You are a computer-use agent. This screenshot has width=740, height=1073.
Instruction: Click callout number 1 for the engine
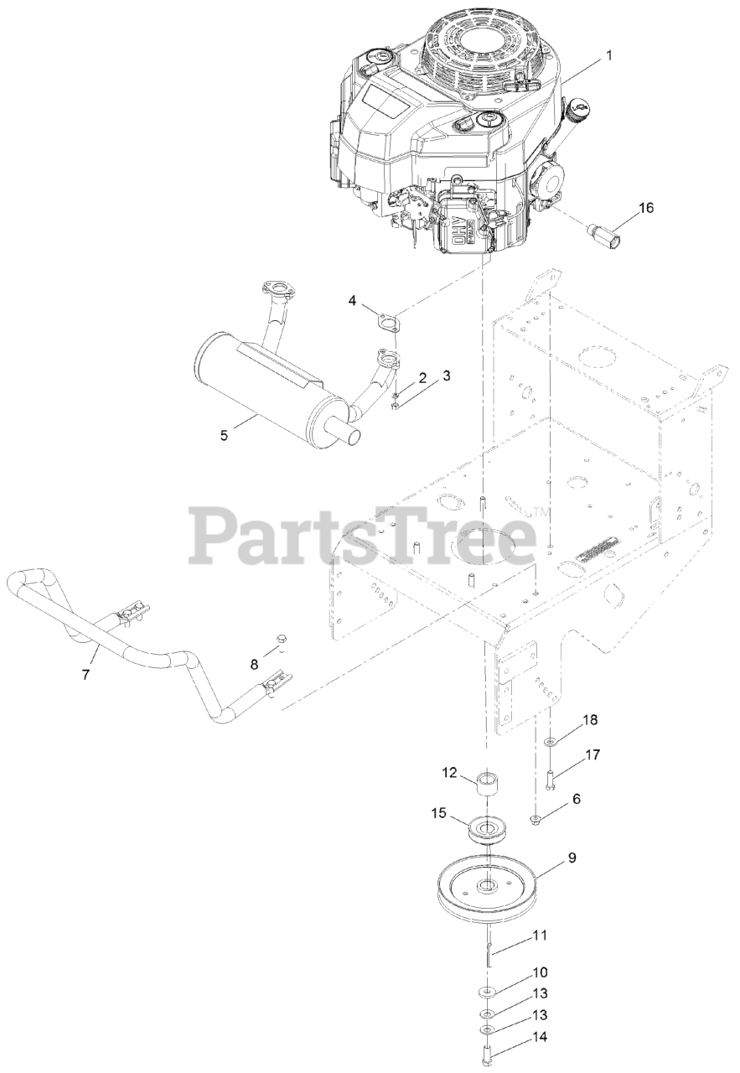609,55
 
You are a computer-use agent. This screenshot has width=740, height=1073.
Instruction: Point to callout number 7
85,651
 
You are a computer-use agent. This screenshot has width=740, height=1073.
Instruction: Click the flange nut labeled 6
536,818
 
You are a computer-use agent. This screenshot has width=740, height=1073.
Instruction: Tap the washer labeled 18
549,741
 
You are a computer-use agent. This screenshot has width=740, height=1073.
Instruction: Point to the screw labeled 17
549,779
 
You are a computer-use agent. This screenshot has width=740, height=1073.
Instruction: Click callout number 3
446,376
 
